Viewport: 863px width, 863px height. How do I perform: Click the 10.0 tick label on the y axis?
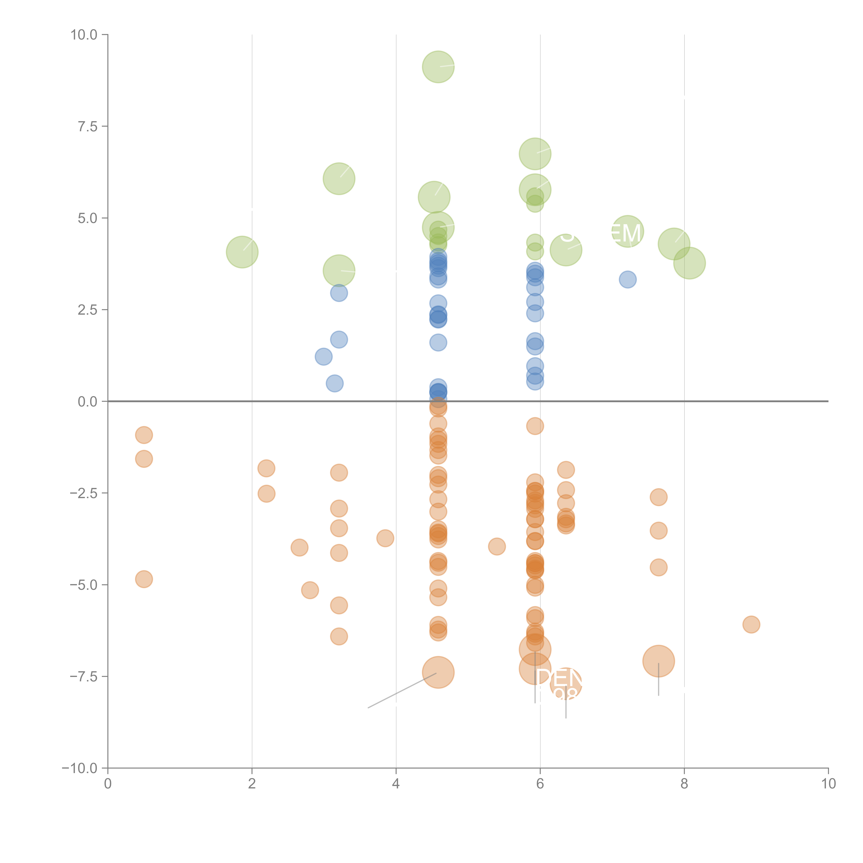tap(84, 35)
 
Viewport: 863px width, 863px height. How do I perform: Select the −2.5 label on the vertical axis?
tap(84, 493)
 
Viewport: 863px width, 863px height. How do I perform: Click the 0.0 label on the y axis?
tap(88, 402)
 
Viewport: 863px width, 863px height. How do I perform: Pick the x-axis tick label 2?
tap(252, 784)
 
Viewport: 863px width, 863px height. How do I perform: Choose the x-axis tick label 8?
tap(684, 784)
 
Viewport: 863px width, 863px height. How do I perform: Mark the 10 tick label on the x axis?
tap(828, 784)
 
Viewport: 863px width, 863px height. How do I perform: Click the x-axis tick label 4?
tap(396, 784)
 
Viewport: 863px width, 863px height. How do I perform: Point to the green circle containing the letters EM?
tap(628, 231)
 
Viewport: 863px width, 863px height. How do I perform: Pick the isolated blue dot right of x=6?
tap(628, 280)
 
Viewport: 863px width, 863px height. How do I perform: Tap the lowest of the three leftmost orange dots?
tap(144, 579)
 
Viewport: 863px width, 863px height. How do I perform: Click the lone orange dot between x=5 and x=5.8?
tap(497, 546)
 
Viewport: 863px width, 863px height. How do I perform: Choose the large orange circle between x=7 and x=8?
tap(658, 661)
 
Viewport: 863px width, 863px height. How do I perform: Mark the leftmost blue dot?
tap(323, 356)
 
